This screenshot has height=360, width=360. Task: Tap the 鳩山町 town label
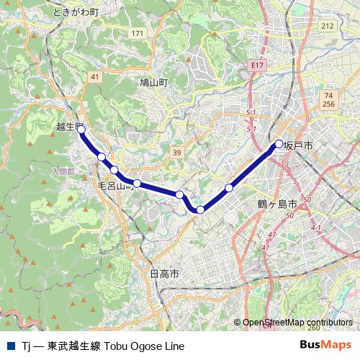(x=153, y=83)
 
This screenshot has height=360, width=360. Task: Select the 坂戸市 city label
(x=298, y=145)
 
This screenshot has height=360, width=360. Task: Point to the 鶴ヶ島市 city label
(x=276, y=204)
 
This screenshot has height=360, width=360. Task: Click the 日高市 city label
(x=164, y=274)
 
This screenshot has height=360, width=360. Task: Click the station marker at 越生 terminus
(x=81, y=130)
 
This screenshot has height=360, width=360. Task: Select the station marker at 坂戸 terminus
(x=279, y=143)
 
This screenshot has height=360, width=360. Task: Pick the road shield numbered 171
(x=138, y=34)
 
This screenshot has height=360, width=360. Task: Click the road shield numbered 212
(x=328, y=26)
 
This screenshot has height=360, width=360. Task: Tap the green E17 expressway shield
(x=258, y=65)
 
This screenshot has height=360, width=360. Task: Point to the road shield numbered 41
(x=95, y=76)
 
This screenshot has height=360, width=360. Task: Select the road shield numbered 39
(x=177, y=152)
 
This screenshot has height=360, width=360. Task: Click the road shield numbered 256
(x=329, y=104)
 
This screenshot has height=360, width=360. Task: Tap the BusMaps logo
(x=326, y=346)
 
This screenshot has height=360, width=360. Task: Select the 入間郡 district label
(x=63, y=171)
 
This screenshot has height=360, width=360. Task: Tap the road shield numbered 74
(x=328, y=95)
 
